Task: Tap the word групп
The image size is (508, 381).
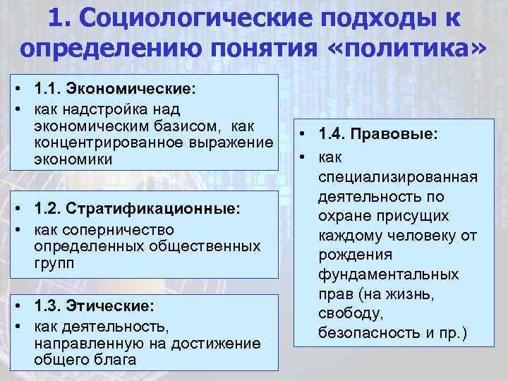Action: [x=52, y=263]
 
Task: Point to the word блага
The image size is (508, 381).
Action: [x=114, y=359]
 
